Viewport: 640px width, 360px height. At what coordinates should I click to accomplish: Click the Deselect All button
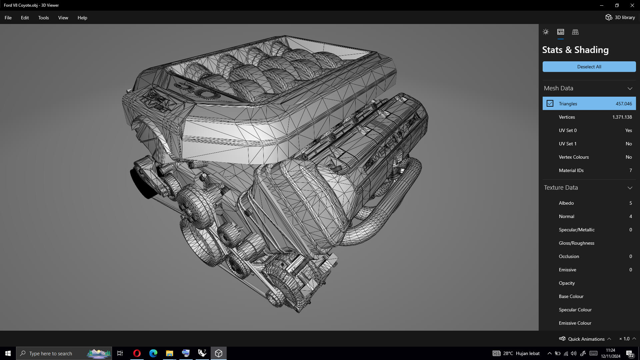pos(589,67)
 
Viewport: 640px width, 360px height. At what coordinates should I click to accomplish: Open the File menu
pos(8,18)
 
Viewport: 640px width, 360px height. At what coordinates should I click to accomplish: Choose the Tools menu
pos(43,18)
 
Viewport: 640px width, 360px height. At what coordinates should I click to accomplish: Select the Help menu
pos(82,18)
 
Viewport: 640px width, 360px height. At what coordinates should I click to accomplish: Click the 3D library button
pos(620,17)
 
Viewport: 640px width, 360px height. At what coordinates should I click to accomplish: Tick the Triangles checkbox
pos(550,104)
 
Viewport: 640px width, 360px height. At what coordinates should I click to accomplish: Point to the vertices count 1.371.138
pos(622,117)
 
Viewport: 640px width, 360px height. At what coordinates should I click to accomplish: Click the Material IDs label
pos(571,170)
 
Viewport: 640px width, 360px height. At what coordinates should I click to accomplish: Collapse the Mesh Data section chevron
pos(630,88)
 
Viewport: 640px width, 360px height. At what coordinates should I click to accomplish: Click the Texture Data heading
pos(561,188)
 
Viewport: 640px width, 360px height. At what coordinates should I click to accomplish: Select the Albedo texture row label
pos(566,203)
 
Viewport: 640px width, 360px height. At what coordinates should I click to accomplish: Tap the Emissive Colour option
pos(575,323)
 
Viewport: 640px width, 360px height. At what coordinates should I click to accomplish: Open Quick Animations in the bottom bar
pos(586,339)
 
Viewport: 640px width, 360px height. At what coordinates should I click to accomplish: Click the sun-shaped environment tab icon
pos(546,32)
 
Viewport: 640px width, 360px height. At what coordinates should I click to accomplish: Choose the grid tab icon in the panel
pos(575,32)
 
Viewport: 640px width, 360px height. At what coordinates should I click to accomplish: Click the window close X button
pos(632,5)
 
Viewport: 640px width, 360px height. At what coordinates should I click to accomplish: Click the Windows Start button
pos(8,353)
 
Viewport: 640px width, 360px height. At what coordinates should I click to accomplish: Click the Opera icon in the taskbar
pos(137,353)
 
